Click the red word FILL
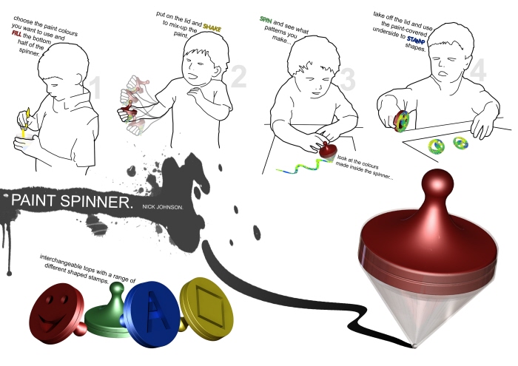tap(17, 34)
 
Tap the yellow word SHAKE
tap(212, 27)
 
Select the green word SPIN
tap(266, 20)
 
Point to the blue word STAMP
tap(416, 40)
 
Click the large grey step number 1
tap(95, 87)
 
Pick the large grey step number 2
tap(238, 77)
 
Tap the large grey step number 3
tap(348, 80)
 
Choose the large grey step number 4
tap(478, 70)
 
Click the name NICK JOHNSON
tap(163, 207)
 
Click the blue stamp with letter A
tap(152, 314)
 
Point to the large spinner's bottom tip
tap(414, 345)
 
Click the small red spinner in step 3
tap(328, 152)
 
